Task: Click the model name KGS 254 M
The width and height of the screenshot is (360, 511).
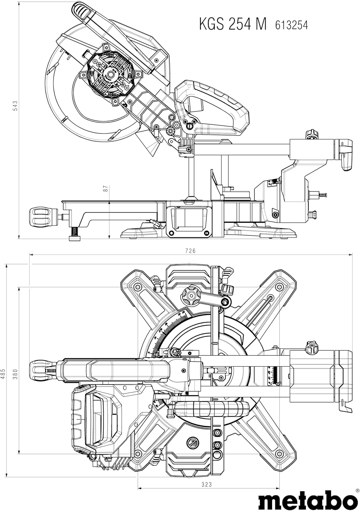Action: coord(232,24)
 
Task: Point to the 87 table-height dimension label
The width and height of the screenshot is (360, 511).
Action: coord(106,188)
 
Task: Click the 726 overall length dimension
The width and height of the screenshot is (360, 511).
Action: coord(190,251)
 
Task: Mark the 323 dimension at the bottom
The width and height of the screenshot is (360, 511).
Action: coord(207,484)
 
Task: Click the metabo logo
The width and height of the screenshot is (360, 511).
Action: coord(305,499)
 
